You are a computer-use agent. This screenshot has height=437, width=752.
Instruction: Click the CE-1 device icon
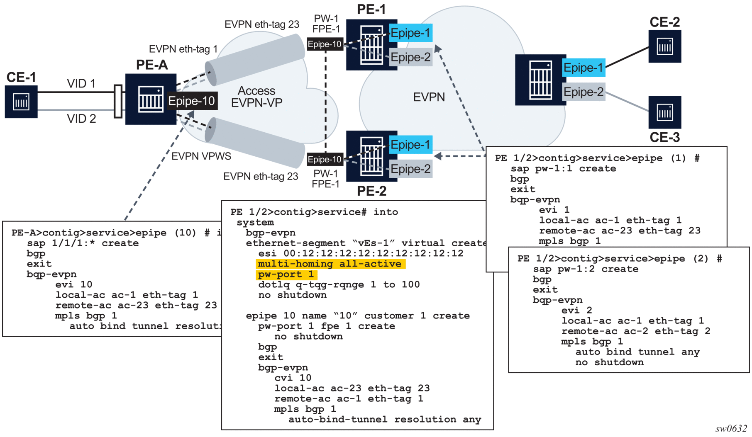[21, 102]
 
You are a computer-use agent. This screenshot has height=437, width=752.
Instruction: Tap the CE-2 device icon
[664, 46]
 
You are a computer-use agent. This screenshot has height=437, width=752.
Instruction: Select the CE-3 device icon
[664, 112]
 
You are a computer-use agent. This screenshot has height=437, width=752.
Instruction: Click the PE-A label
[152, 65]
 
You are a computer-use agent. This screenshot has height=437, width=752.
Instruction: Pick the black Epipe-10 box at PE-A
[192, 101]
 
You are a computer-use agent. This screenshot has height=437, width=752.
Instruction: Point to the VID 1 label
[81, 84]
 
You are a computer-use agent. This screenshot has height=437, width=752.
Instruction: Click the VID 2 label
[81, 119]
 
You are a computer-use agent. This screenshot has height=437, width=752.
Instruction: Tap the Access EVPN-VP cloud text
[256, 97]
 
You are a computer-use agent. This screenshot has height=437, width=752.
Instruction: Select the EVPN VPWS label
[201, 156]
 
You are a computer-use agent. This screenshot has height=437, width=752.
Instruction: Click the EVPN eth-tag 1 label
[183, 49]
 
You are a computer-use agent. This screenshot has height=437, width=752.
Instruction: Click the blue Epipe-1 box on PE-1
[410, 33]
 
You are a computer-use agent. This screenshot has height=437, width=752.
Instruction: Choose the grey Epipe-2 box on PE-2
[410, 169]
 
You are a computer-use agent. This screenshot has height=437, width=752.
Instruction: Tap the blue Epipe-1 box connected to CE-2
[583, 68]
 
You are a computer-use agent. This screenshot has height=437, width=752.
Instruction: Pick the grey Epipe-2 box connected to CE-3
[583, 92]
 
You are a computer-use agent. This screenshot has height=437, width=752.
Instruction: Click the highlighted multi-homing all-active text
[330, 264]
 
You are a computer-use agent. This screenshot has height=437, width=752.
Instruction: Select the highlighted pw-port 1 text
[286, 274]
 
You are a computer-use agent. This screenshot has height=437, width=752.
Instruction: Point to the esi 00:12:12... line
[361, 253]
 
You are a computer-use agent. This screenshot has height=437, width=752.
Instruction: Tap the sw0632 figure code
[731, 429]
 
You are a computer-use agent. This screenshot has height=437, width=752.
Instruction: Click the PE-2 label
[371, 191]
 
